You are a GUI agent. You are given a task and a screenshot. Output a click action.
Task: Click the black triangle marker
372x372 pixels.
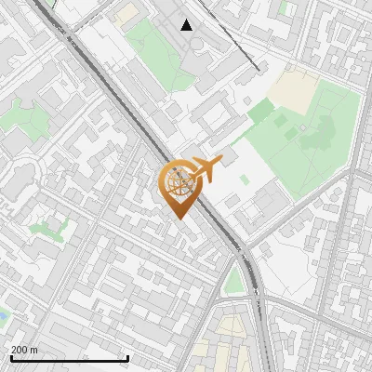point(187,25)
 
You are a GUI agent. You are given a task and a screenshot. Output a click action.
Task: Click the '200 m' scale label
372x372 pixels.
point(25,350)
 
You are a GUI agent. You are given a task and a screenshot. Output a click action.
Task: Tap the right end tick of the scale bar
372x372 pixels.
point(127,357)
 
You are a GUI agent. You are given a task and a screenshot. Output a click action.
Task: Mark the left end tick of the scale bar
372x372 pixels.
point(11,357)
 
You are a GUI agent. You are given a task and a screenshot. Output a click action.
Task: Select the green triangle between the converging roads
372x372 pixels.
point(234,280)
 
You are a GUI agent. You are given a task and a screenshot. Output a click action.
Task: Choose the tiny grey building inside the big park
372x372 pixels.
point(302,127)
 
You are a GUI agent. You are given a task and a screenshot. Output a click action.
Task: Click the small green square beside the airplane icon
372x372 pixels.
point(244,179)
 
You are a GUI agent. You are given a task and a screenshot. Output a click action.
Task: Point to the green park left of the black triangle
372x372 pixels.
point(149,51)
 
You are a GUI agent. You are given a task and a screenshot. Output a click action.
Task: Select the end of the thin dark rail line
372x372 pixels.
point(257,69)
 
